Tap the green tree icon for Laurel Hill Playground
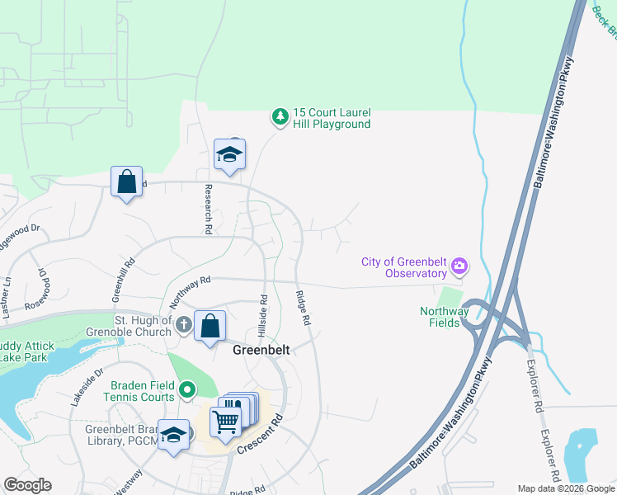(280, 118)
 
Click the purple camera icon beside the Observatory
(459, 267)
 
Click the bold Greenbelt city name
(261, 350)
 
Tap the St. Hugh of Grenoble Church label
(143, 326)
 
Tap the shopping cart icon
(225, 422)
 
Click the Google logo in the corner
(27, 485)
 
